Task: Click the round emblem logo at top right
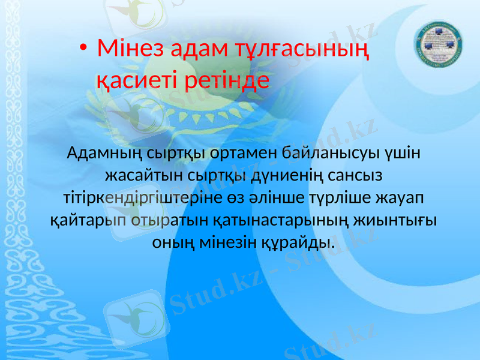click(x=439, y=49)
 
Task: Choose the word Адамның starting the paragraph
click(x=106, y=154)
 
